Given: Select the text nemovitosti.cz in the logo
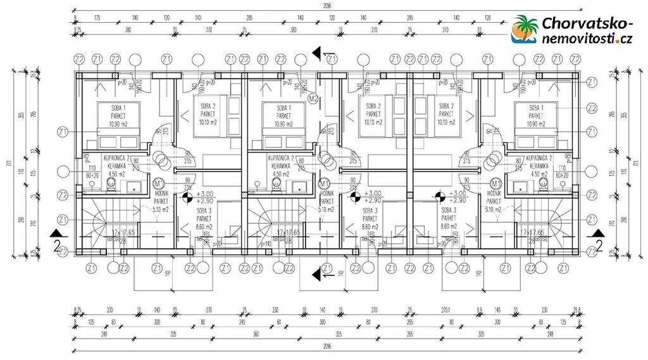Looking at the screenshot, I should pyautogui.click(x=587, y=39).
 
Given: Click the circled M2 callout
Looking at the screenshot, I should pyautogui.click(x=312, y=99).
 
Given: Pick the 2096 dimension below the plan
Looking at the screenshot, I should pyautogui.click(x=324, y=347).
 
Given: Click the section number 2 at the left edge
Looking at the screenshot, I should pyautogui.click(x=56, y=245).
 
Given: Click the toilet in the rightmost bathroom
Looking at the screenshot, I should pyautogui.click(x=543, y=183).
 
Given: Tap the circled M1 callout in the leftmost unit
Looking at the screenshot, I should pyautogui.click(x=159, y=183).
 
